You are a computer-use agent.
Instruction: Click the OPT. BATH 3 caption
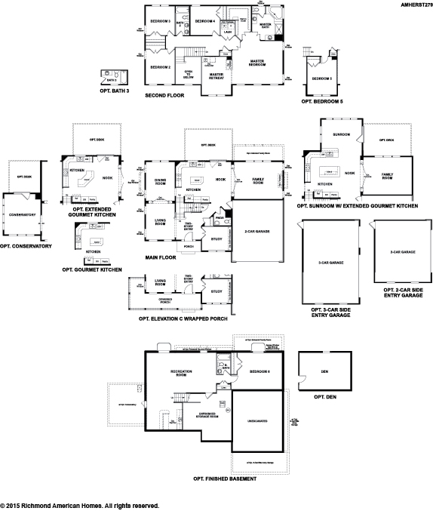115,90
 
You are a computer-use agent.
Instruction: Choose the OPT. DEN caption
324,397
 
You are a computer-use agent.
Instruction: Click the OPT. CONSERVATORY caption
26,246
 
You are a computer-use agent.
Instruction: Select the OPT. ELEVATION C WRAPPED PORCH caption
183,319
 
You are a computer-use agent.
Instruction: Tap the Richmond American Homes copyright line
79,505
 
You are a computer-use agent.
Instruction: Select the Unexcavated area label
259,421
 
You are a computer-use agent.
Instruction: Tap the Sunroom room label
342,134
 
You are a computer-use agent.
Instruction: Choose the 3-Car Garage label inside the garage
330,263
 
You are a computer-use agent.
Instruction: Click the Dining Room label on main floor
160,181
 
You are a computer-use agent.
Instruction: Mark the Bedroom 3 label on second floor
159,21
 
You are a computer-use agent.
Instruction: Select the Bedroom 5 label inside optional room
322,78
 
